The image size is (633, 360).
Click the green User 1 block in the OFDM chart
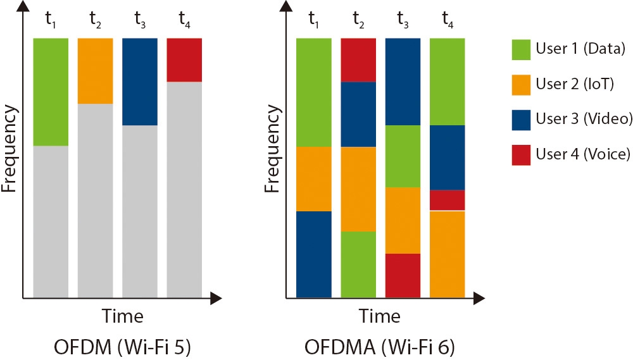(x=51, y=92)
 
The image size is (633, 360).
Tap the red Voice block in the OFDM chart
(x=184, y=59)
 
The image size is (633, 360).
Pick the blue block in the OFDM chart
(x=139, y=82)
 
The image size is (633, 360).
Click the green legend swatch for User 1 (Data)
(x=521, y=49)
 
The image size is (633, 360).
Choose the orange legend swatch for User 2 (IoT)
(x=521, y=84)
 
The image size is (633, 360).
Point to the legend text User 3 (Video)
(x=584, y=119)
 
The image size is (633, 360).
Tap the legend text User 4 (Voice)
(x=582, y=154)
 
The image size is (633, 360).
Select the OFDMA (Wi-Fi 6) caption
(x=380, y=347)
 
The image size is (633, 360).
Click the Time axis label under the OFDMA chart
(x=380, y=315)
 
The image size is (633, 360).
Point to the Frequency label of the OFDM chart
(x=9, y=149)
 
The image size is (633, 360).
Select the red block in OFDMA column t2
(x=358, y=59)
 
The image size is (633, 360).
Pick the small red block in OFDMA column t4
(x=448, y=200)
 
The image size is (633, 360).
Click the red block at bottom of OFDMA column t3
(x=403, y=275)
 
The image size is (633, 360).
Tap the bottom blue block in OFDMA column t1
(x=314, y=254)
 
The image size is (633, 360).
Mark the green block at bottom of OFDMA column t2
(x=358, y=264)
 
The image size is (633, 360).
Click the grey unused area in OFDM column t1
(x=51, y=221)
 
